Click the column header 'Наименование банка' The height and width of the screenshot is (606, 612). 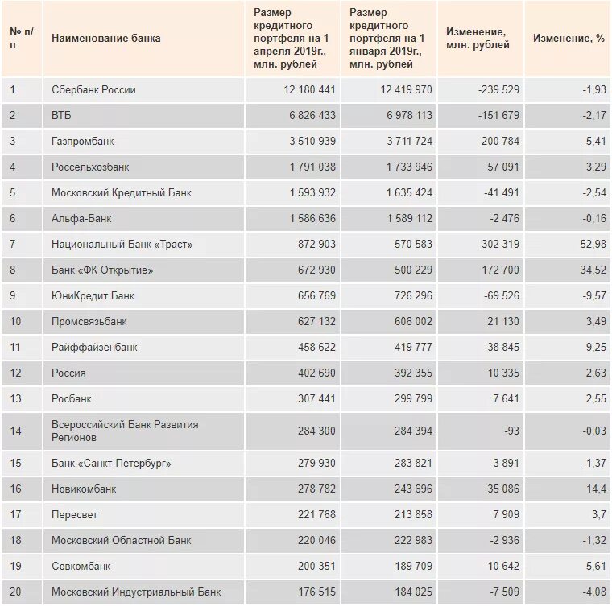[105, 38]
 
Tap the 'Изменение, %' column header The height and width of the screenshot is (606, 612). [569, 38]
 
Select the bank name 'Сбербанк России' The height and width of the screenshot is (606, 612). [93, 89]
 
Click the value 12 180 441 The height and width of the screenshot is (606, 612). [309, 89]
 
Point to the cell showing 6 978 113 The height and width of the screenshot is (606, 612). [406, 115]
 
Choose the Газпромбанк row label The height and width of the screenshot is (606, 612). [83, 141]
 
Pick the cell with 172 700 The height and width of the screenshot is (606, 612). [499, 270]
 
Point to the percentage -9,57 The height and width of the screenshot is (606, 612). [593, 295]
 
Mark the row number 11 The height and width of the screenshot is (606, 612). [16, 347]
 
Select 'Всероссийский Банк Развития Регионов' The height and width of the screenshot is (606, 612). [124, 431]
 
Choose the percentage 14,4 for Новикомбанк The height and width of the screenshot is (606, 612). [595, 489]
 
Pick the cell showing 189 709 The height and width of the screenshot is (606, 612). [411, 566]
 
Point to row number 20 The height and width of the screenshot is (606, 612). [16, 592]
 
